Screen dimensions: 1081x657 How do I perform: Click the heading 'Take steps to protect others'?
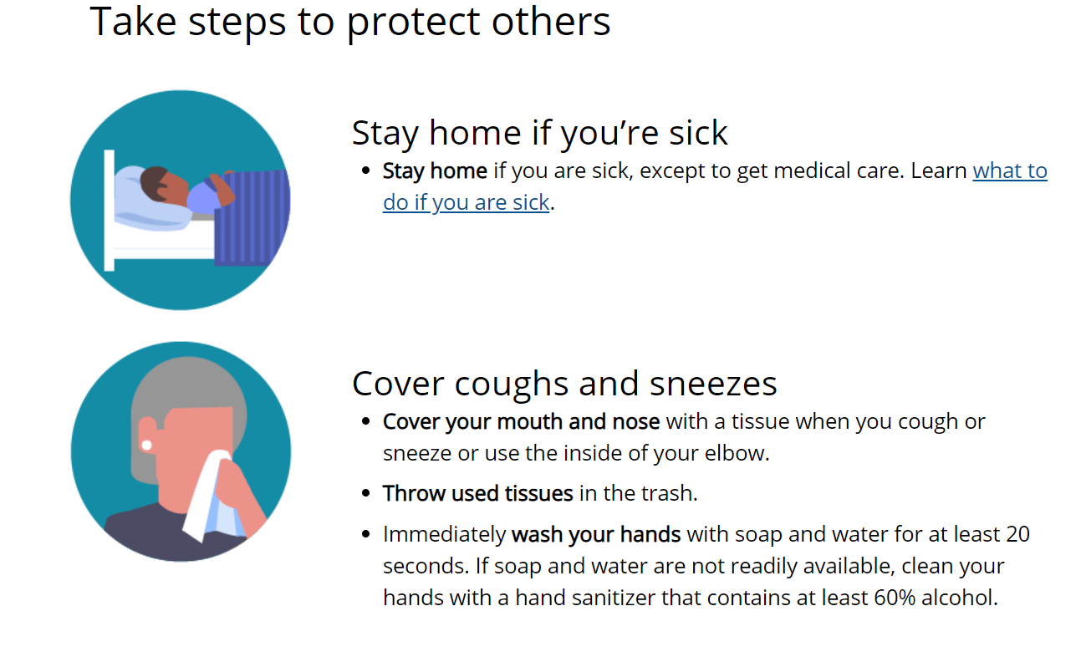click(349, 22)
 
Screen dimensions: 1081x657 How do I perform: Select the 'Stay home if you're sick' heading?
click(539, 133)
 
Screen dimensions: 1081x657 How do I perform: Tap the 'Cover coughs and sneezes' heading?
click(564, 384)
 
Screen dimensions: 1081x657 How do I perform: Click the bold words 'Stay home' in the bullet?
click(435, 171)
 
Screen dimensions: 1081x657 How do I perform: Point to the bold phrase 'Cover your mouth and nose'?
click(521, 422)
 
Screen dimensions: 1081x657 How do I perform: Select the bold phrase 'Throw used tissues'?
click(477, 493)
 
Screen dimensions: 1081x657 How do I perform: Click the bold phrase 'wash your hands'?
click(596, 534)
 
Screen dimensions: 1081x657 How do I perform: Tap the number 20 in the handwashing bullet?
click(1017, 534)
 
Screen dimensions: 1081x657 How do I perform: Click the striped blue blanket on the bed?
click(252, 218)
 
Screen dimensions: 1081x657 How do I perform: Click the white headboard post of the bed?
click(110, 211)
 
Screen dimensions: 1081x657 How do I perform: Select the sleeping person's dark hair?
click(154, 182)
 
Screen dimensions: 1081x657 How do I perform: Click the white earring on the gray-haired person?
click(146, 446)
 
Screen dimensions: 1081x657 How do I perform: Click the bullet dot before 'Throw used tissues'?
click(366, 493)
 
